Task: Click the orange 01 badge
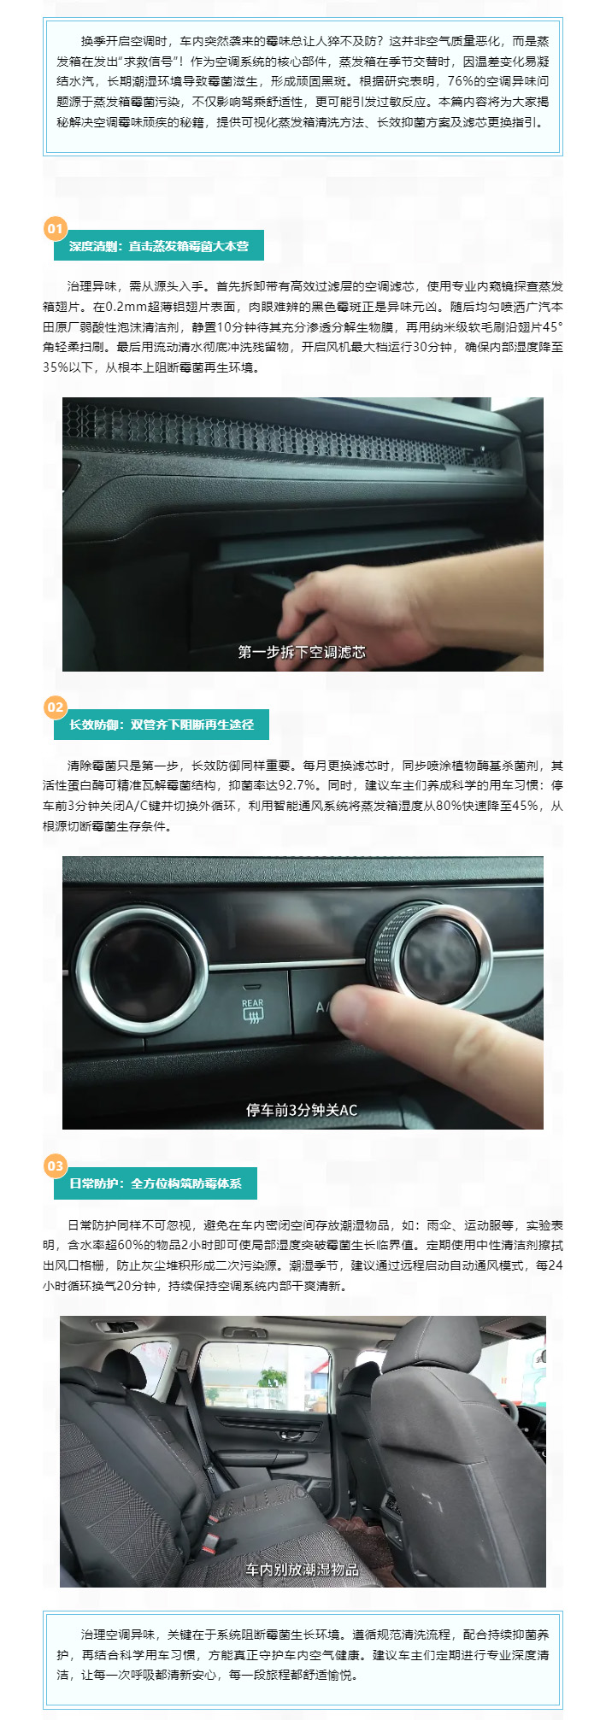(x=55, y=229)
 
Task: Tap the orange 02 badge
(x=55, y=707)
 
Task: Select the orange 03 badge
(x=55, y=1166)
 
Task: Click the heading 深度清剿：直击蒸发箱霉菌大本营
(x=159, y=246)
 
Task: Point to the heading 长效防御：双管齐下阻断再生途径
(x=162, y=725)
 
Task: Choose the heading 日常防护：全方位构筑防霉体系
(x=156, y=1183)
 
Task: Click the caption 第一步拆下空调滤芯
(x=302, y=652)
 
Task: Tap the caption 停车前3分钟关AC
(x=302, y=1110)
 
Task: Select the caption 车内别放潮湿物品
(x=302, y=1569)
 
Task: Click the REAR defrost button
(x=252, y=1009)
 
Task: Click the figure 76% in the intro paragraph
(x=461, y=81)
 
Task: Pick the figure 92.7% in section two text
(x=297, y=785)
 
